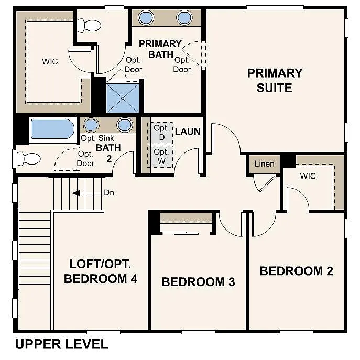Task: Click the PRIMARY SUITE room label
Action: (275, 80)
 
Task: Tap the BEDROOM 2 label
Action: (296, 271)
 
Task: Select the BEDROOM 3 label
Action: (198, 282)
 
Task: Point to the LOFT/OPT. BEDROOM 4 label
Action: (101, 271)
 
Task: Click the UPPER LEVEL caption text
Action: (61, 344)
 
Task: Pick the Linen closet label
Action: (264, 164)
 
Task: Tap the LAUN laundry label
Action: (188, 131)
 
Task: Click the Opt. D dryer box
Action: (161, 133)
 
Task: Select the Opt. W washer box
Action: (161, 157)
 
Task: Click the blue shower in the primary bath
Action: (123, 97)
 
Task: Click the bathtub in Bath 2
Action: (52, 129)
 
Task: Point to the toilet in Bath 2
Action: (29, 158)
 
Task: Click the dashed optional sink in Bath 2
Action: (92, 125)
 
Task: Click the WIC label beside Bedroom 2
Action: (308, 176)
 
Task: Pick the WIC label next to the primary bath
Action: (50, 61)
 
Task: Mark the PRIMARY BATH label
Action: (160, 48)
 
